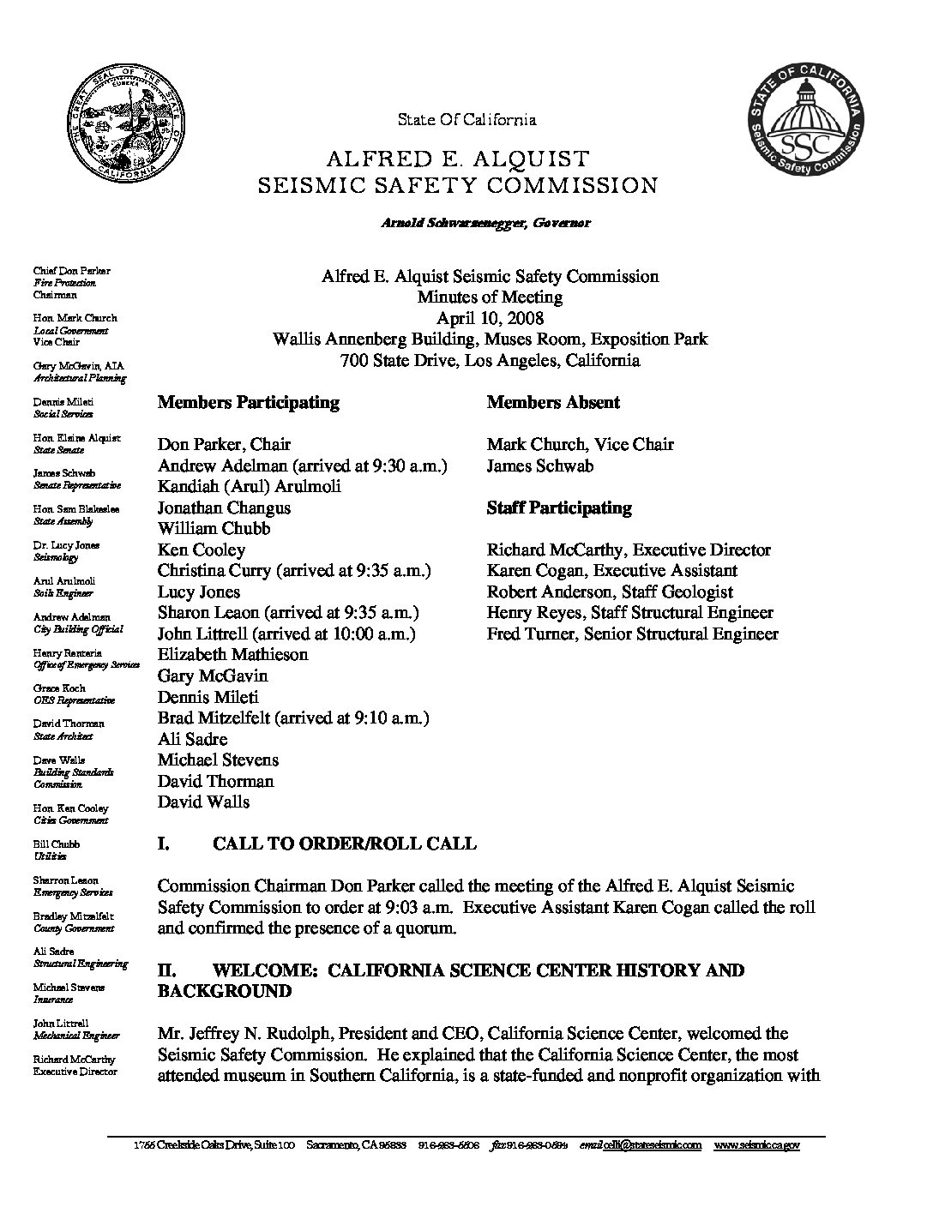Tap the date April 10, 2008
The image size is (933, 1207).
pos(490,318)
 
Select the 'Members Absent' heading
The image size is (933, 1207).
pos(553,402)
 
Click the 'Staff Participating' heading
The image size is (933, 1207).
pos(559,507)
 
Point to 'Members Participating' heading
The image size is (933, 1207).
pos(248,402)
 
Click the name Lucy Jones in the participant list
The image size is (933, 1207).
pos(199,591)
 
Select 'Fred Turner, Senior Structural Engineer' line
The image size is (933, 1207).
pos(632,634)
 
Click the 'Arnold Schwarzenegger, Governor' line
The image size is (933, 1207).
pos(485,223)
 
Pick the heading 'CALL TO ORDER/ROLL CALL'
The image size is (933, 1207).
pos(344,844)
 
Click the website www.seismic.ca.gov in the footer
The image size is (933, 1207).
pos(756,1145)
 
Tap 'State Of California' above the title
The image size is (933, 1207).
pos(466,120)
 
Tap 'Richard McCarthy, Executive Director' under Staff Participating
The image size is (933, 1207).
pos(629,549)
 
